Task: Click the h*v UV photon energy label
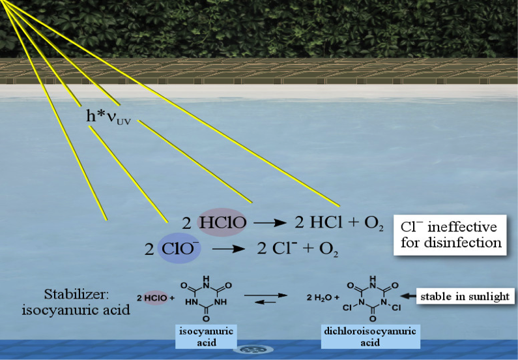pyautogui.click(x=108, y=117)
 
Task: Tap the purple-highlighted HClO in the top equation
pyautogui.click(x=222, y=222)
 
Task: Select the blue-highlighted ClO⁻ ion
pyautogui.click(x=179, y=248)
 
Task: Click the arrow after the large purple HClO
pyautogui.click(x=270, y=223)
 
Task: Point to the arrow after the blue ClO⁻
pyautogui.click(x=228, y=249)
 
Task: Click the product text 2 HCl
pyautogui.click(x=319, y=222)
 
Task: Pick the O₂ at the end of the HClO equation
pyautogui.click(x=373, y=224)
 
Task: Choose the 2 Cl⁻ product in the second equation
pyautogui.click(x=275, y=248)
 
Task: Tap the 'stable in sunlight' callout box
pyautogui.click(x=465, y=296)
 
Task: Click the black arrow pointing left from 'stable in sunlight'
pyautogui.click(x=408, y=296)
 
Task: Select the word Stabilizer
pyautogui.click(x=76, y=294)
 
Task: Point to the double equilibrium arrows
pyautogui.click(x=266, y=298)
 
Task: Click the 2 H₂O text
pyautogui.click(x=323, y=297)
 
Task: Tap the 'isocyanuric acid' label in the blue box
pyautogui.click(x=206, y=337)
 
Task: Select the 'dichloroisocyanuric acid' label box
pyautogui.click(x=370, y=337)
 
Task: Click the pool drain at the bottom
pyautogui.click(x=253, y=350)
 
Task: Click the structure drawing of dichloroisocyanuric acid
pyautogui.click(x=372, y=298)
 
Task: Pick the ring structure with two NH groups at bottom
pyautogui.click(x=206, y=298)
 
